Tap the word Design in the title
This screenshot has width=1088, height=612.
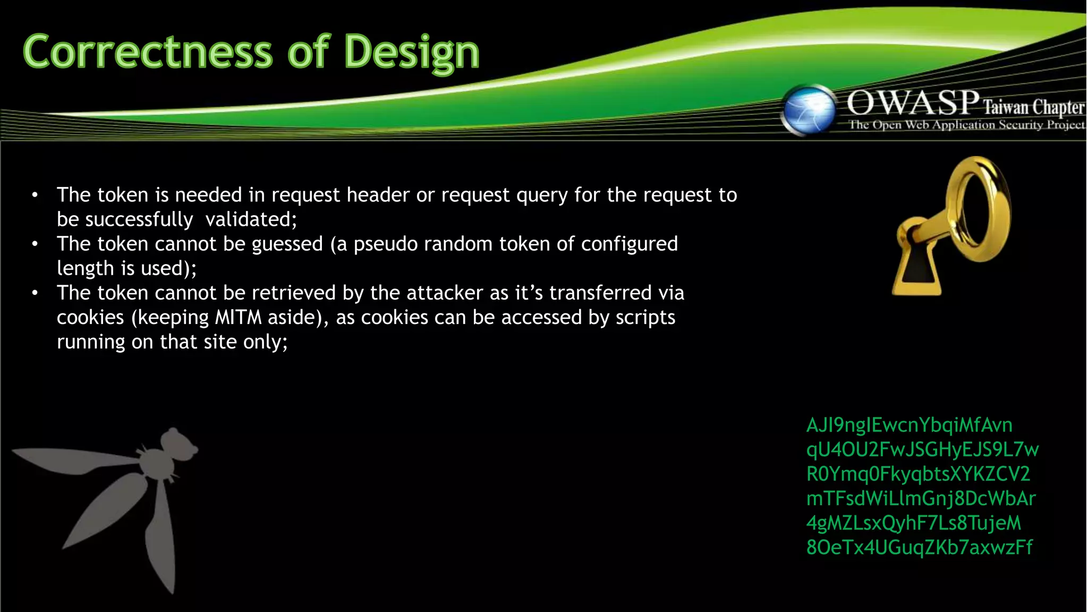pyautogui.click(x=411, y=52)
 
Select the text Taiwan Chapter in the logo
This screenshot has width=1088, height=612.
pyautogui.click(x=1033, y=107)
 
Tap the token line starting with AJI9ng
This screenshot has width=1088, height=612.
pyautogui.click(x=909, y=425)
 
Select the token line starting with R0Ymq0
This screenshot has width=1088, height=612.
pyautogui.click(x=918, y=474)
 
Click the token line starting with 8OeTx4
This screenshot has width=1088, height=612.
pyautogui.click(x=919, y=547)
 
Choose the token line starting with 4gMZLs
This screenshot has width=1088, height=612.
pyautogui.click(x=913, y=523)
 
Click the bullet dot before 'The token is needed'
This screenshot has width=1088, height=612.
pyautogui.click(x=35, y=195)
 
